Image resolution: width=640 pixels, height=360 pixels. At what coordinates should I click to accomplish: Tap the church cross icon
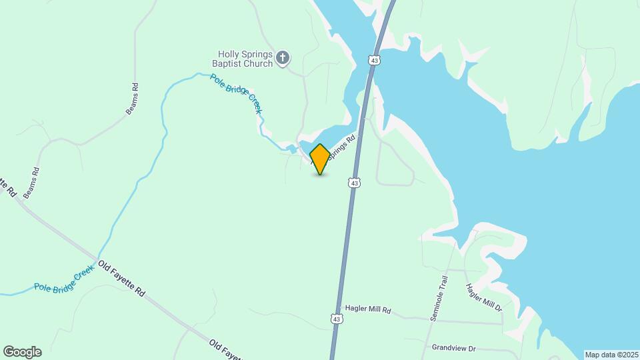tap(283, 59)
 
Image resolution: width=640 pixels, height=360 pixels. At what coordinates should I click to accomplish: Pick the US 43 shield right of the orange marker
tap(355, 182)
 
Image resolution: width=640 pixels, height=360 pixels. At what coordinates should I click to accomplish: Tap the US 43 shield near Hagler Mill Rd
tap(337, 319)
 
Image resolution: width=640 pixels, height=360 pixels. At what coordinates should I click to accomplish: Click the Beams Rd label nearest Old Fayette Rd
tap(32, 182)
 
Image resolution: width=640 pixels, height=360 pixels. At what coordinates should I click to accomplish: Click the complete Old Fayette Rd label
tap(121, 279)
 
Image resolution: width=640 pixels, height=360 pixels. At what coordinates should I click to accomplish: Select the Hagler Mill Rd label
tap(367, 310)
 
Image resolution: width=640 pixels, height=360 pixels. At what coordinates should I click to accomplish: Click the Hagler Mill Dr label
tap(483, 297)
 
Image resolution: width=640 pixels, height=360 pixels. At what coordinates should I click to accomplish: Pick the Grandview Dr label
tap(453, 347)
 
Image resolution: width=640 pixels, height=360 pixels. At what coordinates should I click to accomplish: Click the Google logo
tap(22, 352)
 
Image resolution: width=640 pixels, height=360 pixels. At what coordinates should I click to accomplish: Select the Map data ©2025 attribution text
tap(611, 355)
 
